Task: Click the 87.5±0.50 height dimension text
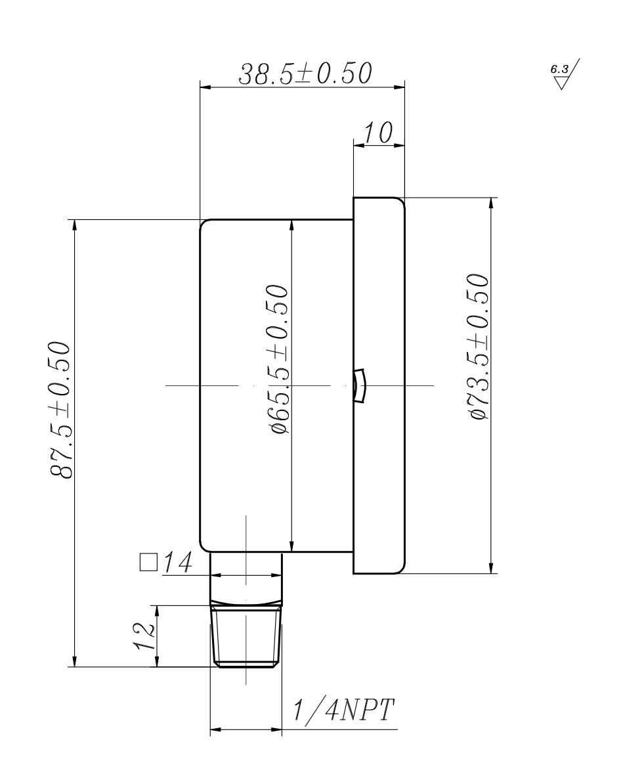coord(61,411)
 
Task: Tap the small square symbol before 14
coord(147,563)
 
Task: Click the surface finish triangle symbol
coord(562,83)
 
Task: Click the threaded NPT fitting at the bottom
coord(246,636)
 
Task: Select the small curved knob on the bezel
coord(360,385)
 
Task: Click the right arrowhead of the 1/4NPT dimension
coord(276,729)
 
